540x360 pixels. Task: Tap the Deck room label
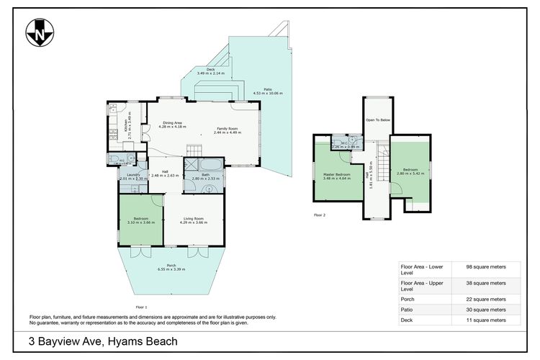point(211,71)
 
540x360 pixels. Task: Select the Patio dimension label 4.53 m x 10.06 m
point(268,91)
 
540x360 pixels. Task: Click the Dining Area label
point(173,125)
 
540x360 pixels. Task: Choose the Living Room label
point(194,220)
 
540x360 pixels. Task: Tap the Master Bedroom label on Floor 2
point(337,176)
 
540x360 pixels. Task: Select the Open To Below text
point(378,120)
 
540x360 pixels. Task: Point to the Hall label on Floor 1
point(165,173)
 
